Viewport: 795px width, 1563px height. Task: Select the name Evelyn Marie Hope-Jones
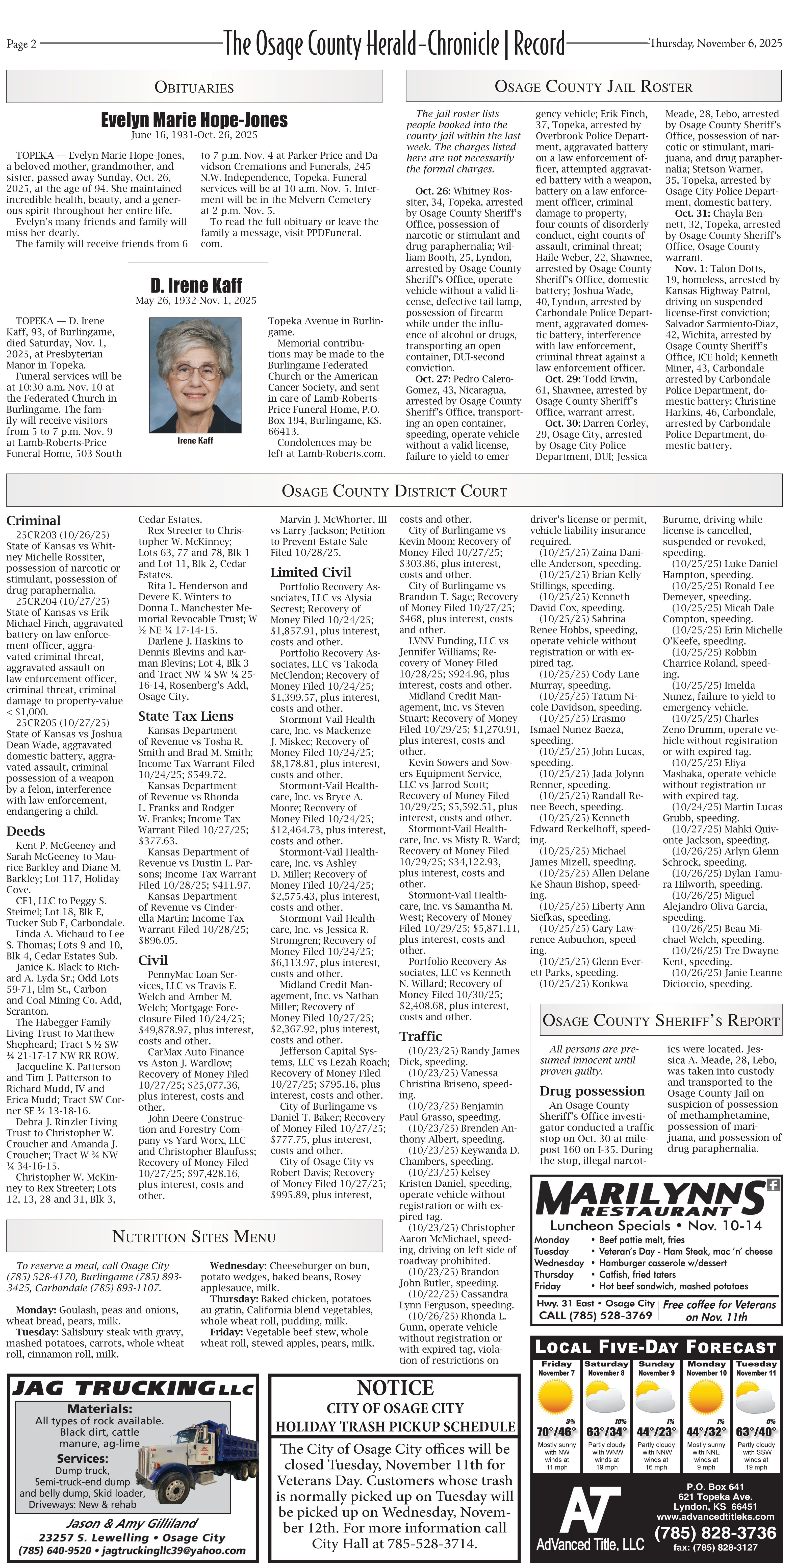pos(194,120)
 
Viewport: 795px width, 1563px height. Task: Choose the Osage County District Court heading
pos(394,491)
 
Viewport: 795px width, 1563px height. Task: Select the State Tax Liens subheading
pos(177,716)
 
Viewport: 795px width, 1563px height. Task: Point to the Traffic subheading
pos(420,1036)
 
